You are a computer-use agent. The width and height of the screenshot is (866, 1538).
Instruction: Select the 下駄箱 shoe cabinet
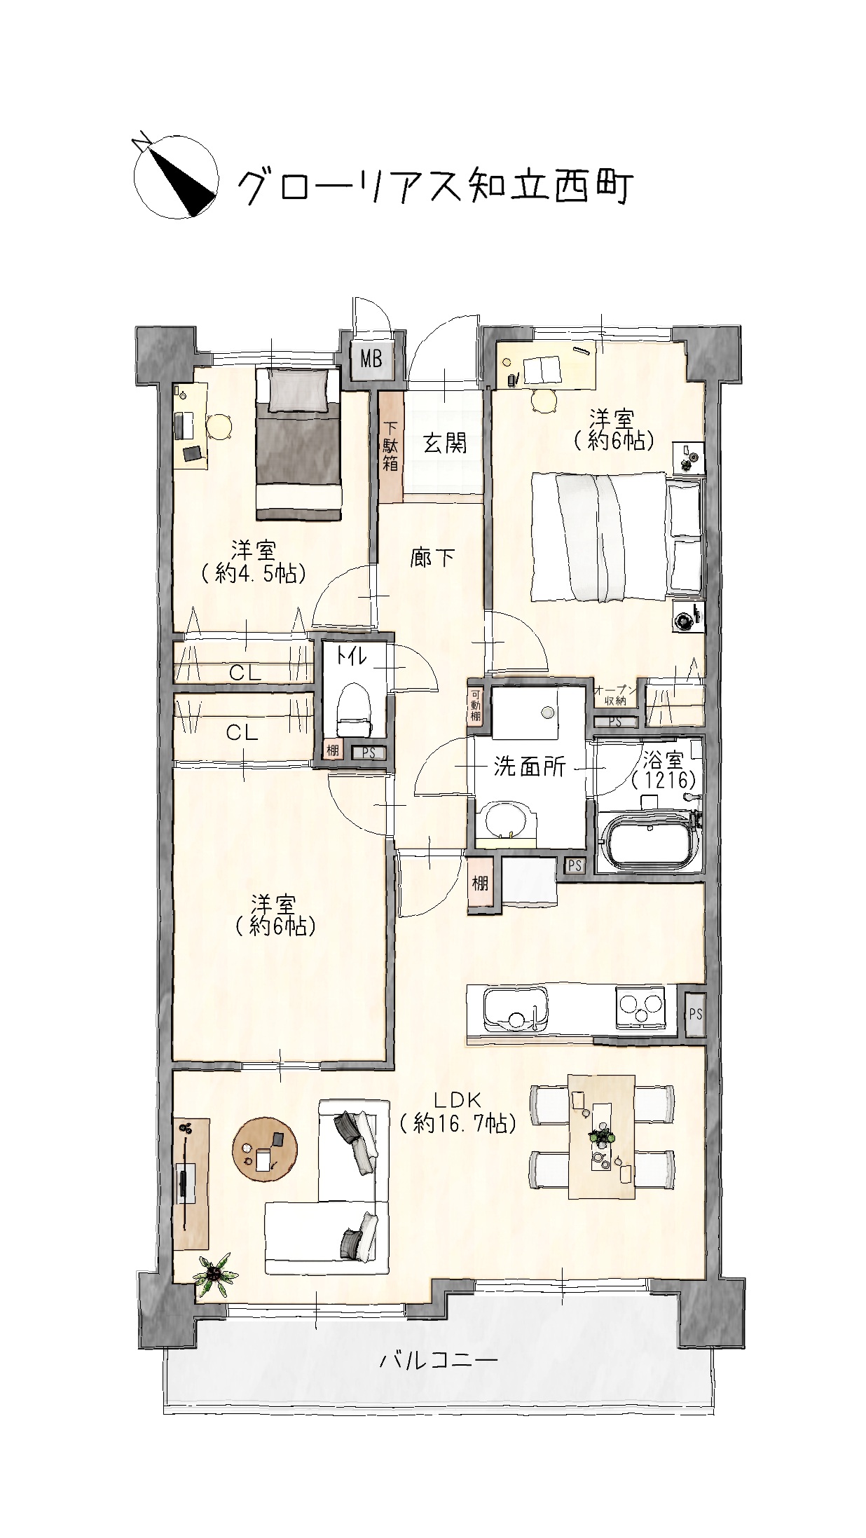[391, 446]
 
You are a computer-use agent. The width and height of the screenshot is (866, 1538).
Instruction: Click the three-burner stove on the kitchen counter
[640, 1008]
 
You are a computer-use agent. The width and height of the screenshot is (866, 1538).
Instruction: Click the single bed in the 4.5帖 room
[298, 444]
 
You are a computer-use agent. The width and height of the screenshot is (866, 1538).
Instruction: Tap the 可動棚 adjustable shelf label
[476, 705]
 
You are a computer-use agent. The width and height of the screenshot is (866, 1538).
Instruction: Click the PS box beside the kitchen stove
[694, 1014]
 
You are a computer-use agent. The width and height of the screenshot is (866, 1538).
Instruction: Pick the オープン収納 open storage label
[616, 696]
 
